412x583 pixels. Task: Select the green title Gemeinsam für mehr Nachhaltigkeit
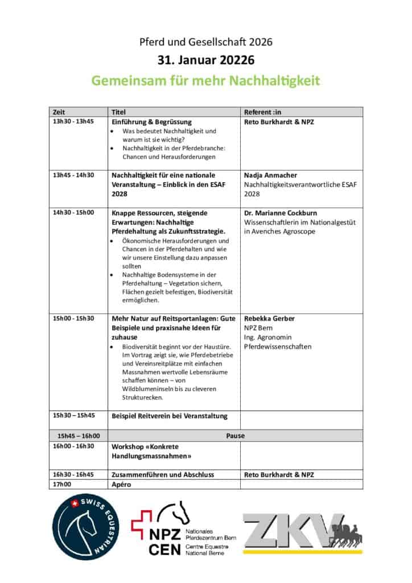(206, 80)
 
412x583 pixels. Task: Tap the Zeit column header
(59, 112)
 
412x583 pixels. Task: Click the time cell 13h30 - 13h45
(73, 121)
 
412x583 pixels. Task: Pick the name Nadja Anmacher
(271, 175)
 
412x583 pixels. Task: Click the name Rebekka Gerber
(269, 318)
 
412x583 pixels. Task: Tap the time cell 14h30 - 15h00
(73, 212)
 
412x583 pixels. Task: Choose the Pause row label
(235, 436)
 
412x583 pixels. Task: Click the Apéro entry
(121, 484)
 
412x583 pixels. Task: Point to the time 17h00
(62, 484)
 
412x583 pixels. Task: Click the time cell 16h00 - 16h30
(73, 446)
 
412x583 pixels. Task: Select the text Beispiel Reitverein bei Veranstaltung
(169, 416)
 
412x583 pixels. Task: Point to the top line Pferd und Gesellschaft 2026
(206, 42)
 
